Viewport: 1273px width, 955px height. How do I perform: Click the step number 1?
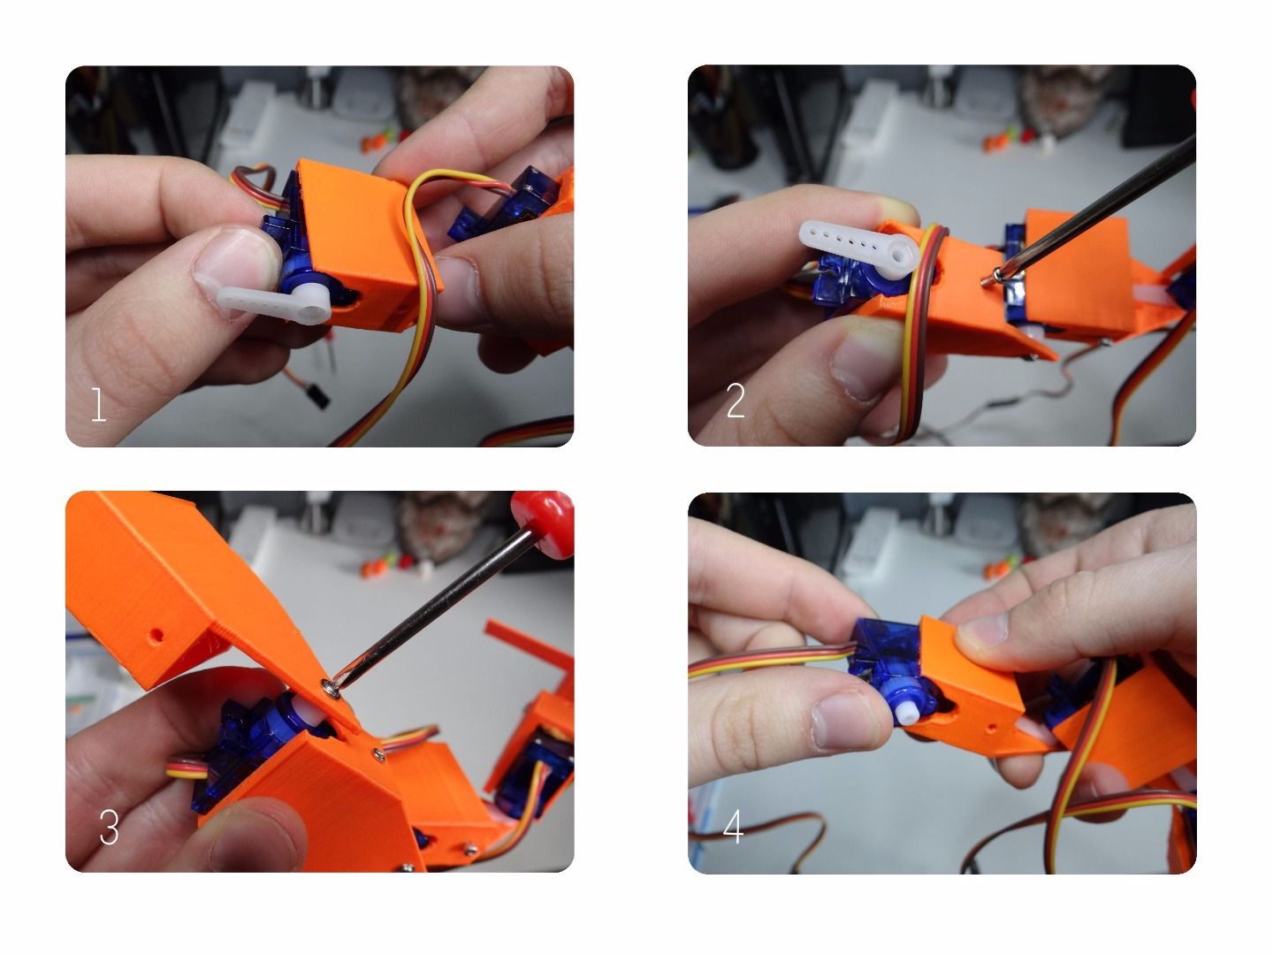(98, 406)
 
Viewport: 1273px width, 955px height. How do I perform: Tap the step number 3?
(109, 828)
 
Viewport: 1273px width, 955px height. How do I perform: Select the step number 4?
(733, 828)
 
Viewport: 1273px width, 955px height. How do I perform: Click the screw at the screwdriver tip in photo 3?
(332, 685)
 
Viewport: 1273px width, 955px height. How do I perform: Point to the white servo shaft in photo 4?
(909, 710)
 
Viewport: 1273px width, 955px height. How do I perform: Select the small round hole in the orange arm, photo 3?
(157, 635)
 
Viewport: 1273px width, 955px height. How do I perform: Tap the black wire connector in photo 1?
(316, 393)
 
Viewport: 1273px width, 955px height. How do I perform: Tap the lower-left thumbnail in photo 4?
(844, 721)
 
